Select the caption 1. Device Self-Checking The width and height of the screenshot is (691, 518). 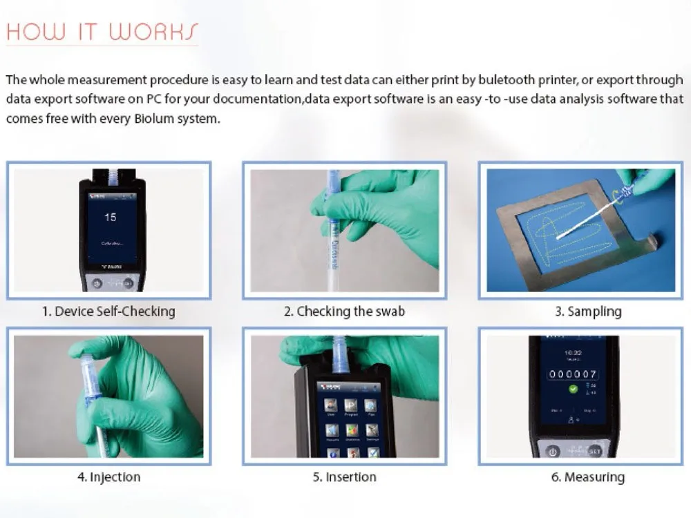[x=108, y=311]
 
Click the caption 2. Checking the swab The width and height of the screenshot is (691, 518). [x=344, y=311]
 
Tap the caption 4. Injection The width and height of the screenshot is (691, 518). [x=108, y=477]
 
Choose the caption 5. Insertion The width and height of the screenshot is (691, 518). [x=344, y=477]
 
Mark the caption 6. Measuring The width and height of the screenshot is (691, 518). [x=587, y=477]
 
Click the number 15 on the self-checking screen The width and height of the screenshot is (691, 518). [x=111, y=217]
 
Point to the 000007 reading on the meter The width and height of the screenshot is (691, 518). [x=573, y=374]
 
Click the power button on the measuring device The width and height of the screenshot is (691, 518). [x=552, y=451]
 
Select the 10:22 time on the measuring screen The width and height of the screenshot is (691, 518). [x=573, y=351]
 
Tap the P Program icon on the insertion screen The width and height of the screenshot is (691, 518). [x=351, y=405]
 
